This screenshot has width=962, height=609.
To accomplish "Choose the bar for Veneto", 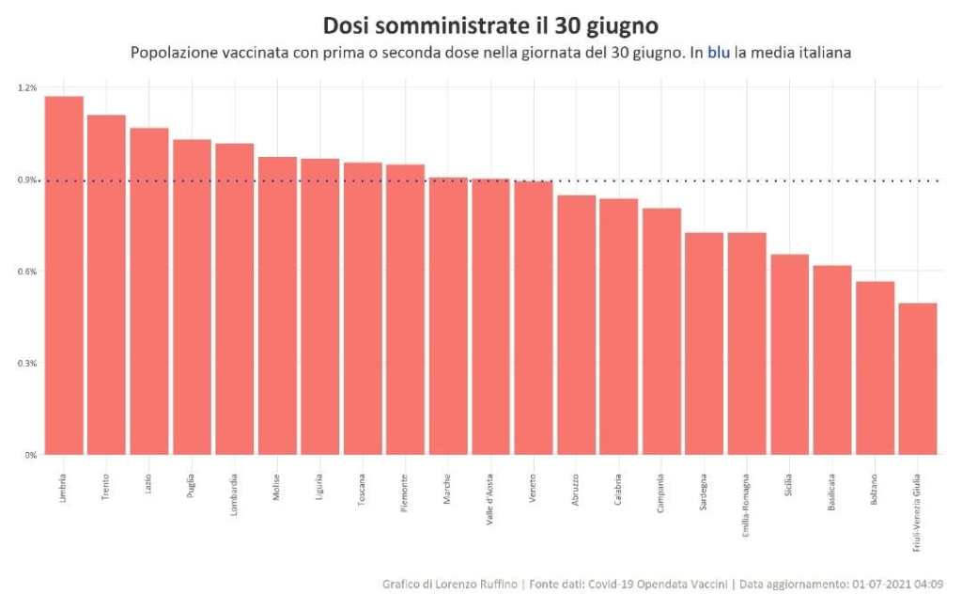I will [534, 318].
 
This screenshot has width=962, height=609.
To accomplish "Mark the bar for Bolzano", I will [875, 367].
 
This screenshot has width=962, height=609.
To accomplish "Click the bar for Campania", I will [661, 331].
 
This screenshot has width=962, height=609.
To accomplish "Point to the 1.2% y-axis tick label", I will [27, 87].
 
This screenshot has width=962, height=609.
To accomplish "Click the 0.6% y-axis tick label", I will [27, 272].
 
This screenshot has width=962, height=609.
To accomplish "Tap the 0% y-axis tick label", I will [31, 455].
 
